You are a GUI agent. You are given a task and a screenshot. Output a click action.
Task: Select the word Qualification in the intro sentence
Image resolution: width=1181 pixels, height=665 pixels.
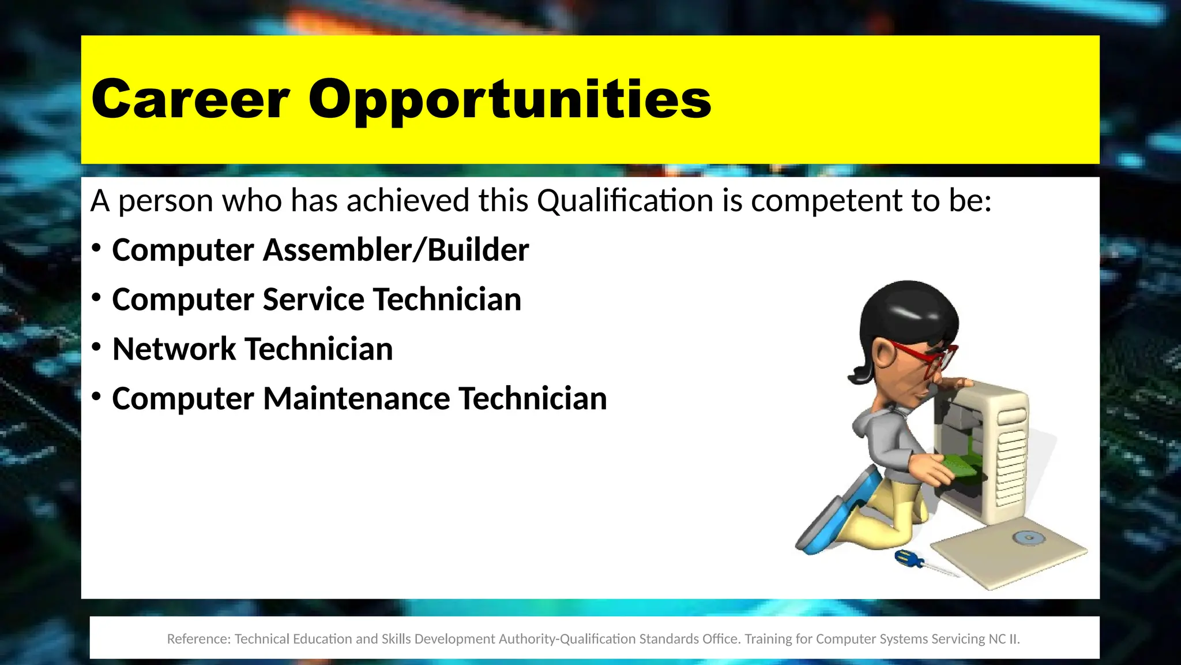625,201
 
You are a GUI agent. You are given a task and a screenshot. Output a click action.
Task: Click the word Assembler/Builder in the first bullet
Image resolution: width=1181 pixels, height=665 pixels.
396,250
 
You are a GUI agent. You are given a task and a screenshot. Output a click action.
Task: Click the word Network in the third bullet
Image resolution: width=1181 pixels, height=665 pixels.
174,349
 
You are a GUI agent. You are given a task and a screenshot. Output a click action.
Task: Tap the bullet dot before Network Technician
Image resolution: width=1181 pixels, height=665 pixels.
96,347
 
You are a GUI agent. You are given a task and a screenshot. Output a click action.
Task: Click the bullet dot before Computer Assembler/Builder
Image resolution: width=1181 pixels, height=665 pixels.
96,248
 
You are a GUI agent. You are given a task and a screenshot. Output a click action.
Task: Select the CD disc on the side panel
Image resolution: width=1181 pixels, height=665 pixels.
1029,538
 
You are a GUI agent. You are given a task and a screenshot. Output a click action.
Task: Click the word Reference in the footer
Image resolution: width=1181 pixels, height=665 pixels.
198,639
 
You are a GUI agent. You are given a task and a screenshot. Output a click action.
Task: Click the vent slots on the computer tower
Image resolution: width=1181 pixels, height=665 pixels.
1012,456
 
